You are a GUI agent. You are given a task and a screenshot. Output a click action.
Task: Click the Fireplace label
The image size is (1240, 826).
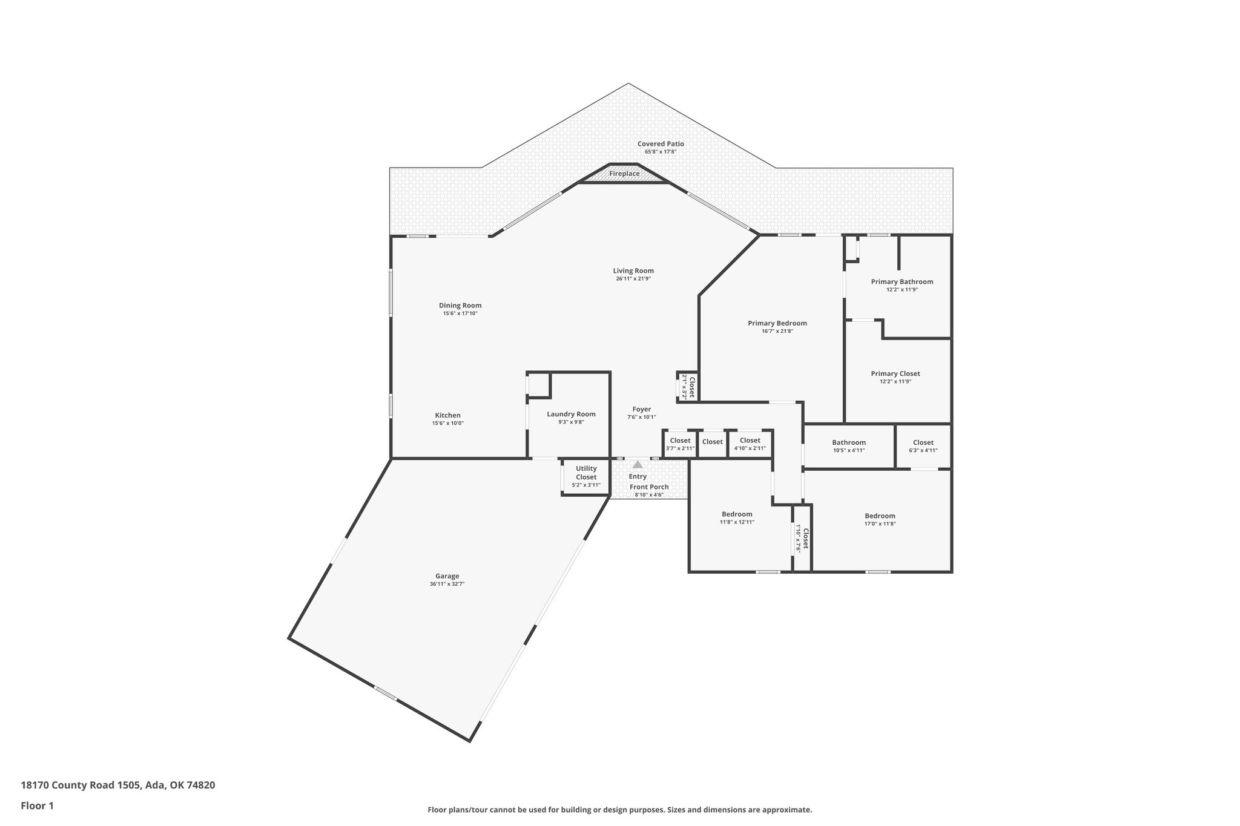(x=624, y=174)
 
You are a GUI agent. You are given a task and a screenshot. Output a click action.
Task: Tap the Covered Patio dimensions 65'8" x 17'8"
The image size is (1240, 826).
(x=661, y=152)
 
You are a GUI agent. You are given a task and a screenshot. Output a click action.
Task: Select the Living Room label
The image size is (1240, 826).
(x=633, y=270)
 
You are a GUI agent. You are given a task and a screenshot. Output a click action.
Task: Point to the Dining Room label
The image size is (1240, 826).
(x=460, y=306)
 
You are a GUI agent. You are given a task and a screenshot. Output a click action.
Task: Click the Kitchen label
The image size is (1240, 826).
(x=447, y=415)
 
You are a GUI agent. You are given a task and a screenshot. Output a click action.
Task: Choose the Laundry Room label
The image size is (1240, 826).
(x=571, y=414)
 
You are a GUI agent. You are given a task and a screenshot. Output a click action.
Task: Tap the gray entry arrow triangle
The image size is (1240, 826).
(x=638, y=465)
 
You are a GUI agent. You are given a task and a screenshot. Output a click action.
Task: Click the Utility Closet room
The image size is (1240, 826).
(x=585, y=476)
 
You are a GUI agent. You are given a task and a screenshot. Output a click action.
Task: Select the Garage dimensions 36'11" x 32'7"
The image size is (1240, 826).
(x=447, y=584)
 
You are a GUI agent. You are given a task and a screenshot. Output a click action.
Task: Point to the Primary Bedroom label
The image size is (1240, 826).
(x=777, y=323)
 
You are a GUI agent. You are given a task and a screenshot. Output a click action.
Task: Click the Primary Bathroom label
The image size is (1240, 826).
(x=902, y=281)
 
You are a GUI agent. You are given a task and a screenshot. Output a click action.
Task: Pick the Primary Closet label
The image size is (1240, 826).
(x=895, y=373)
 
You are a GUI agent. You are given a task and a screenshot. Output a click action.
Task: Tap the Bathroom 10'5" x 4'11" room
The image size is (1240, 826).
(x=848, y=446)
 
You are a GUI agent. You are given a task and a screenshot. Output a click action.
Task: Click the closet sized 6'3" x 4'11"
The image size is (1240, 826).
(x=923, y=446)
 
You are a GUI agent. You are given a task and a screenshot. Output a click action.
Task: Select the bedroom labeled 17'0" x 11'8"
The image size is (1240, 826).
(x=880, y=519)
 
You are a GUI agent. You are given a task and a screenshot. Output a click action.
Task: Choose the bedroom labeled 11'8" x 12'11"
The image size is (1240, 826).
(x=737, y=517)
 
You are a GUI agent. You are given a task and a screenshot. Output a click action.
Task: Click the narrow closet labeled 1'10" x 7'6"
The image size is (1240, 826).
(x=802, y=538)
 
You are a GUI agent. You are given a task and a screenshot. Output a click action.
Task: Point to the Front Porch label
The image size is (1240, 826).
(x=649, y=487)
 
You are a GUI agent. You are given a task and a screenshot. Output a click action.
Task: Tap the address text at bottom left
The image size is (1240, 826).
(x=118, y=785)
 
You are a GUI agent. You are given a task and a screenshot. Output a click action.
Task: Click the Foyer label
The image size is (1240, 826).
(x=641, y=409)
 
